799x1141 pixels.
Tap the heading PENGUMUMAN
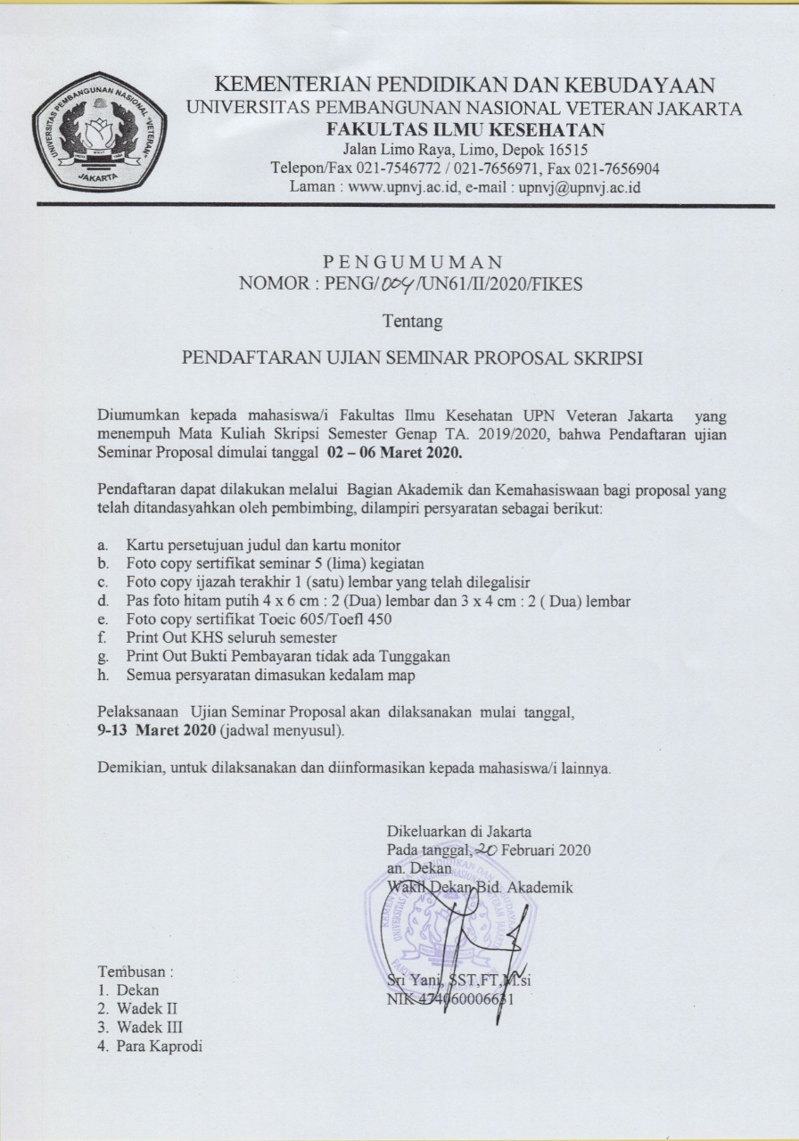[x=412, y=262]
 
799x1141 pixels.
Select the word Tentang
[x=412, y=320]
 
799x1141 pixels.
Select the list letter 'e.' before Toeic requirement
[x=103, y=620]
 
